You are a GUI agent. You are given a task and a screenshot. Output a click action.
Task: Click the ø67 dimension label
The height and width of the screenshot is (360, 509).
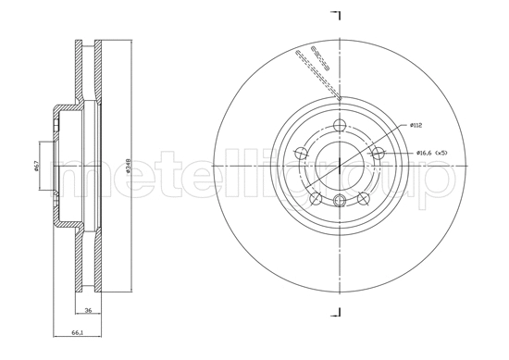point(36,167)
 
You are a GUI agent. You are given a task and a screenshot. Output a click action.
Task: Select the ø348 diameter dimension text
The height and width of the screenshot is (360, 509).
point(127,167)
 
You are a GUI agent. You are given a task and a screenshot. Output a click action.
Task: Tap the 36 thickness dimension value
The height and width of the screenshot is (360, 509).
point(88,311)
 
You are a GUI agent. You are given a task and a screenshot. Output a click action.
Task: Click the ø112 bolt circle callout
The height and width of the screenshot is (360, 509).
point(416,125)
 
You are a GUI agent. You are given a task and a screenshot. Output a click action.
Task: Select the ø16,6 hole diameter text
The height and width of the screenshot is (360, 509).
point(425,153)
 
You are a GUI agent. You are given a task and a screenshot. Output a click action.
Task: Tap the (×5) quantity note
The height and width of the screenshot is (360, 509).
point(443,153)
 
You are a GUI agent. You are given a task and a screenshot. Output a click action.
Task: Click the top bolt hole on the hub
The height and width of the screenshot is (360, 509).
point(340,126)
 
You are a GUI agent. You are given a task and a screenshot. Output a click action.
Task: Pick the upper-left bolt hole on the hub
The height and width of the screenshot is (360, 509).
point(302,154)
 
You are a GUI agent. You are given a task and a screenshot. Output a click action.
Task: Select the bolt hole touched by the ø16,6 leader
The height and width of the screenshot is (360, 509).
point(378,154)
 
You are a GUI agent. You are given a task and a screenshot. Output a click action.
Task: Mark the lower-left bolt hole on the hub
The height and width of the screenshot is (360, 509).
point(317,198)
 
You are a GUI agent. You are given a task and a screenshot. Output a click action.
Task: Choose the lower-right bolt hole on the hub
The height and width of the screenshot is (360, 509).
point(363,198)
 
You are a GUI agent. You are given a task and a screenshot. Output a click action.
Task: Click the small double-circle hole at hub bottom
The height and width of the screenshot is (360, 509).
point(340,202)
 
